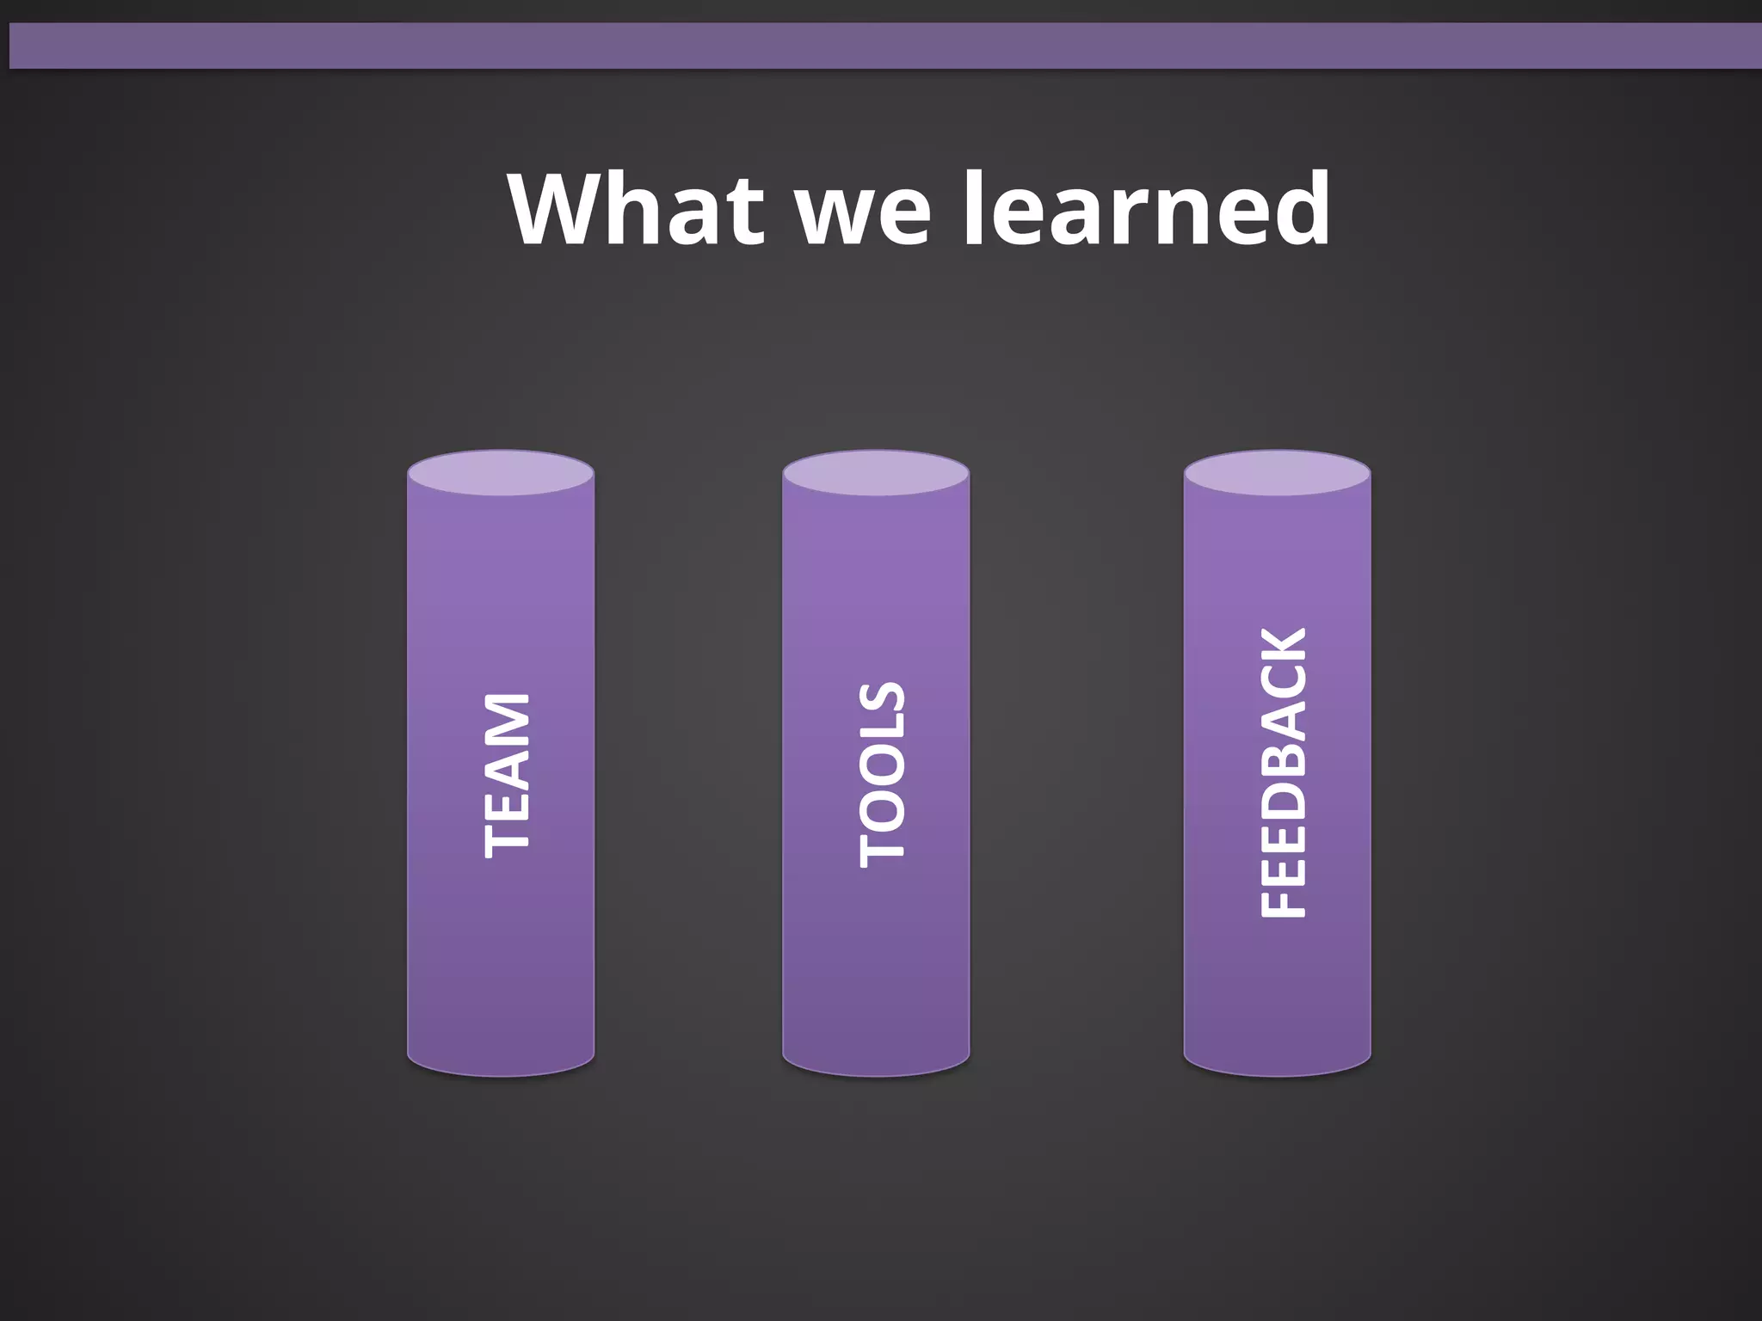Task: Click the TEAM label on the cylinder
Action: (x=507, y=775)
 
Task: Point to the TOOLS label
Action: (x=882, y=774)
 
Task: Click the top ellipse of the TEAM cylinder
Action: (x=501, y=473)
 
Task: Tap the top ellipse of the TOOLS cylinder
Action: (x=876, y=473)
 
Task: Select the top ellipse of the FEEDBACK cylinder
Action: (x=1277, y=473)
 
